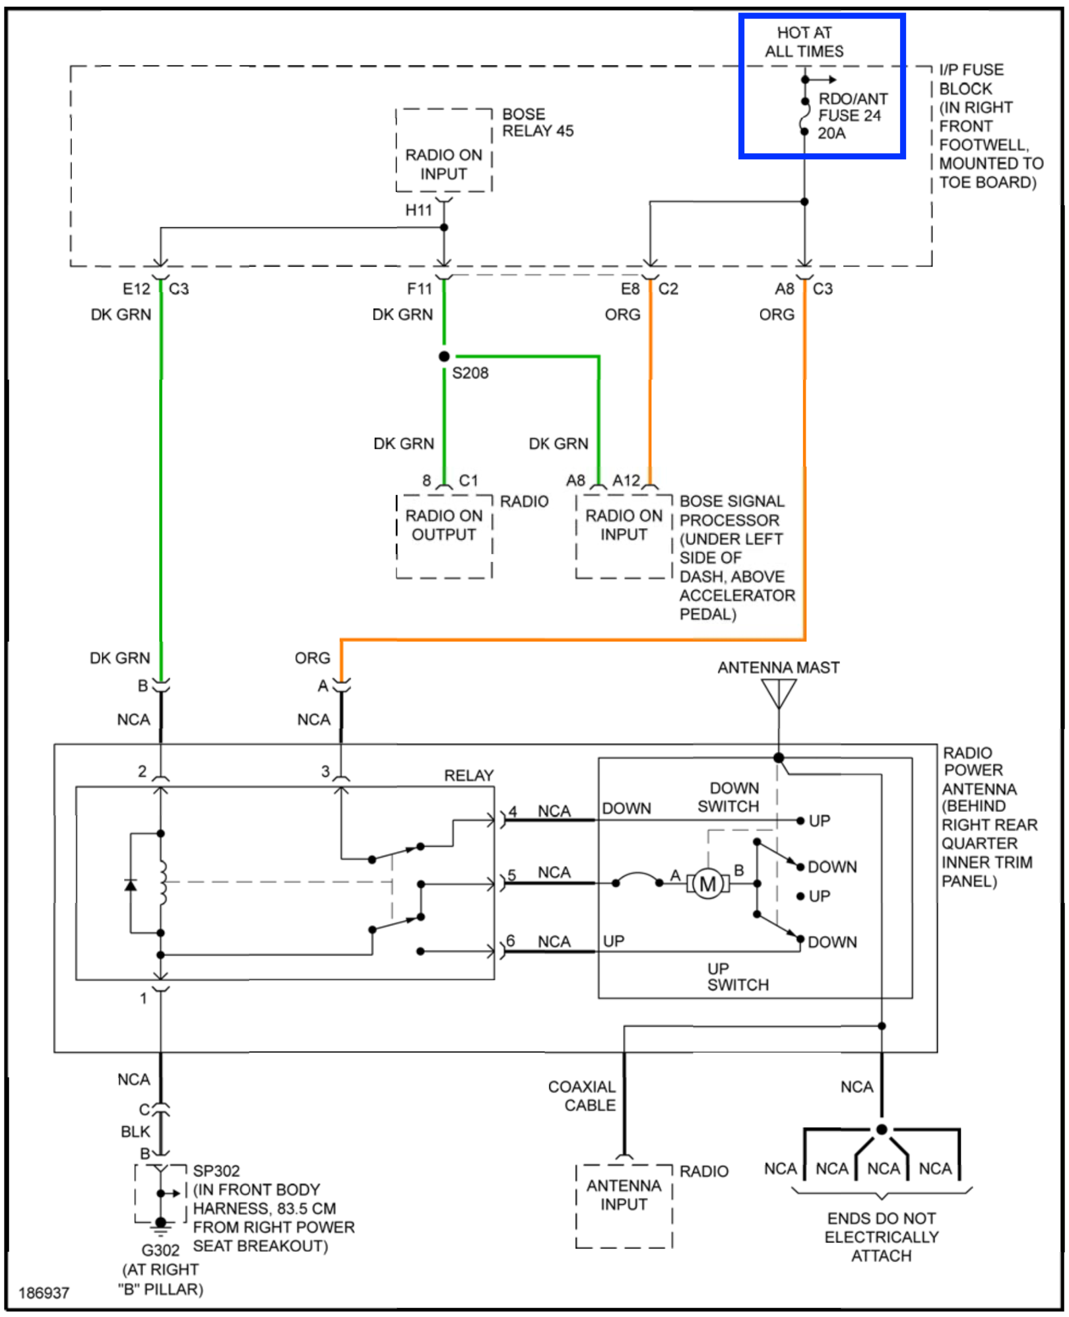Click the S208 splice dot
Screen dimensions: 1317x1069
444,356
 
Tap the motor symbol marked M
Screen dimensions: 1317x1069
707,884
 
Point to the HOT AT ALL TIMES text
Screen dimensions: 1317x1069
804,42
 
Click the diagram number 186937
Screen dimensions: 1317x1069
44,1293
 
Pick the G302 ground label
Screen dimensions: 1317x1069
160,1250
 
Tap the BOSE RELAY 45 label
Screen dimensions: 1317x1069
537,122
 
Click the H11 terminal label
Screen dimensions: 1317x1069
418,210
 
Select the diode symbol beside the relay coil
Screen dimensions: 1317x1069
131,885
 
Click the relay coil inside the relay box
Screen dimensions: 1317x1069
162,883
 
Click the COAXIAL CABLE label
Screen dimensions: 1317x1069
582,1096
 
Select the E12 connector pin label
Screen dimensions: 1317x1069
136,289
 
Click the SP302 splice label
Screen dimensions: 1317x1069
216,1170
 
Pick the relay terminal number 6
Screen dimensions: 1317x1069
510,940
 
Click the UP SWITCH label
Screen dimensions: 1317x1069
737,976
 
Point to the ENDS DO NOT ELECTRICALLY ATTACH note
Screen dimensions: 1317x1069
881,1236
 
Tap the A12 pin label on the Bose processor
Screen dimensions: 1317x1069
626,480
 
